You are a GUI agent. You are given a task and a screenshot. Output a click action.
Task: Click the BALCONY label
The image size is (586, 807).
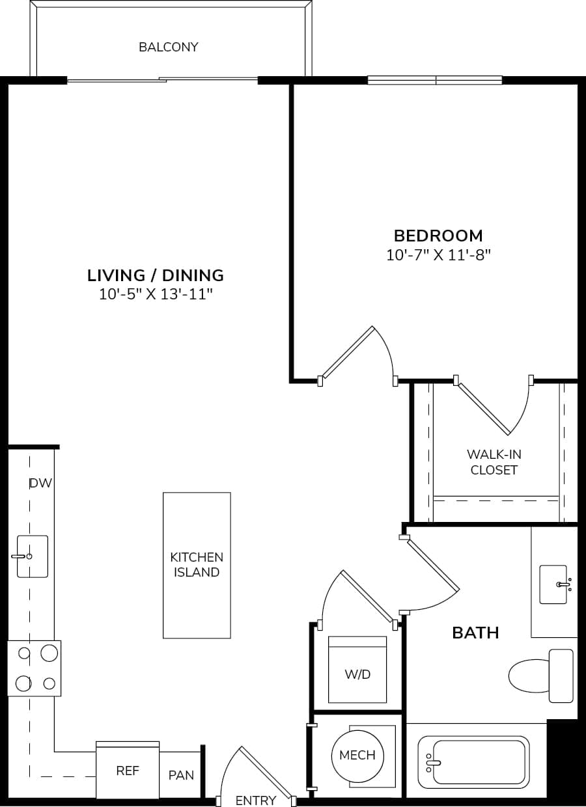coord(168,47)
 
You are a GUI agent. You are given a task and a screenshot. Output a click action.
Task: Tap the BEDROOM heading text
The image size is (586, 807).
coord(438,235)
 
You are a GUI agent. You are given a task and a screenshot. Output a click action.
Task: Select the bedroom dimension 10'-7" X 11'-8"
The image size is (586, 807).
coord(438,254)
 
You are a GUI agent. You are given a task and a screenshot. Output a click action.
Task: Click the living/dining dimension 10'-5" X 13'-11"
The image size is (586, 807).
coord(156,294)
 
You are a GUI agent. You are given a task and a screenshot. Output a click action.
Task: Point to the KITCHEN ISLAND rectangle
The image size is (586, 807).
coord(196,565)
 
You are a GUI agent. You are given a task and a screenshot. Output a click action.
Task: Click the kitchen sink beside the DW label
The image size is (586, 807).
coord(32,556)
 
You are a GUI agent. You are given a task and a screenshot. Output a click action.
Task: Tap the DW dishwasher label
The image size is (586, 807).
coord(40,483)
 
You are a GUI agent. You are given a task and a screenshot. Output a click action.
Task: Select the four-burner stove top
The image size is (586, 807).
coord(35,668)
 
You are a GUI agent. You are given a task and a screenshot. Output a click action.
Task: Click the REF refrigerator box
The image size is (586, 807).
coord(128,771)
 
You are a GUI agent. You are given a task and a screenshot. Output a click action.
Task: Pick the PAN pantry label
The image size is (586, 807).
coord(181,775)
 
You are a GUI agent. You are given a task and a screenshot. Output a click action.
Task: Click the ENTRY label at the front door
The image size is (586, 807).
coord(256,800)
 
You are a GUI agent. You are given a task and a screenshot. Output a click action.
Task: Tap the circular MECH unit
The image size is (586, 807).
coord(357,755)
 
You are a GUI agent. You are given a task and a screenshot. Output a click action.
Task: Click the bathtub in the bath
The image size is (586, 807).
coord(474,760)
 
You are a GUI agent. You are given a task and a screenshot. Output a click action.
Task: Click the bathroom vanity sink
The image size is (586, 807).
coord(554,584)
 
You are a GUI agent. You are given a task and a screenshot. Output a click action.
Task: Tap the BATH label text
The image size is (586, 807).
coord(475,632)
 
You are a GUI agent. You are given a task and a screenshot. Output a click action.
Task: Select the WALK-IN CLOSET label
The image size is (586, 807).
coord(494,462)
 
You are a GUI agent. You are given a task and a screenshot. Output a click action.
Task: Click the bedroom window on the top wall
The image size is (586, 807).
coord(435,80)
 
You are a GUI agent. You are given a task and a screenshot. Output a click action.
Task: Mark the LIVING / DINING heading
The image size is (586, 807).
coord(156,275)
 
